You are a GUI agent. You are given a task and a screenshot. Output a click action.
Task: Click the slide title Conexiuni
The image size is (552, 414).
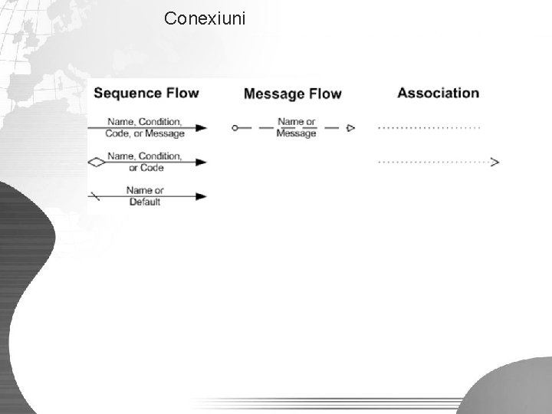(205, 18)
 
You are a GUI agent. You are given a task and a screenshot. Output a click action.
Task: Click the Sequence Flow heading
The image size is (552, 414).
(146, 94)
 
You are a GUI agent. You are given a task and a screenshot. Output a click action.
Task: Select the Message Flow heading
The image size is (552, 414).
(292, 94)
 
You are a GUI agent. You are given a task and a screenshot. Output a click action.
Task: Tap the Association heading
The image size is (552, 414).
(438, 93)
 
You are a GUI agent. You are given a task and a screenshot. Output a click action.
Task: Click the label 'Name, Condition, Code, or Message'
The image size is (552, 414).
(146, 127)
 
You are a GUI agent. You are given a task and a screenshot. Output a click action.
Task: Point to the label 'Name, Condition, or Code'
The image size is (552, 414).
(145, 162)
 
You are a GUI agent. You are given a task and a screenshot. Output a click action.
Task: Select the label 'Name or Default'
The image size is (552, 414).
(145, 196)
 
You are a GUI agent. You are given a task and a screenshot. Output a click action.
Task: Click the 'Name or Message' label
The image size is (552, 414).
(297, 127)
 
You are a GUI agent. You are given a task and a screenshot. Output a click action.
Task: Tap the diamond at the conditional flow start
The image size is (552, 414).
(97, 163)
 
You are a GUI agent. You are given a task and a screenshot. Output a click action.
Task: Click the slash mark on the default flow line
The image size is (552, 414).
(94, 196)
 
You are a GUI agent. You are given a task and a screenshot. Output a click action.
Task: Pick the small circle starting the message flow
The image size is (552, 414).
(235, 128)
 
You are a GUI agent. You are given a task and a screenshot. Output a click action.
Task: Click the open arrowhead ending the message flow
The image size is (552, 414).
(350, 128)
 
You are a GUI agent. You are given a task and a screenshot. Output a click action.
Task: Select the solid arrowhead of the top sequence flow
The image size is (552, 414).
(201, 128)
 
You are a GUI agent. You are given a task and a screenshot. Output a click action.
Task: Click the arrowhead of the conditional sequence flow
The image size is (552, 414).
(201, 163)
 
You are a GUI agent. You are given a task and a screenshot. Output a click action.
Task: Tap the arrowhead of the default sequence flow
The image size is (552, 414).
(201, 196)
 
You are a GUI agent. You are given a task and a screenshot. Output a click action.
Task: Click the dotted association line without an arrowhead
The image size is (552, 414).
(429, 127)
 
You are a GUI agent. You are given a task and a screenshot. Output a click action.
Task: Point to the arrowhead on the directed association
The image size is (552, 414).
(495, 162)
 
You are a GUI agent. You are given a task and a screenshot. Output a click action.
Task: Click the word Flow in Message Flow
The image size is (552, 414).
(325, 94)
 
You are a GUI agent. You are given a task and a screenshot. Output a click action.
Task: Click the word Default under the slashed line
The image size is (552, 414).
(145, 202)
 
